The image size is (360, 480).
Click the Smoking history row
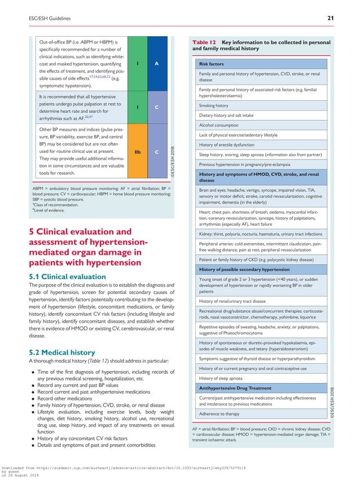(x=214, y=105)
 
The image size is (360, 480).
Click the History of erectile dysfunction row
(x=230, y=145)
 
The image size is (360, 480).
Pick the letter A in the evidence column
(x=156, y=63)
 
